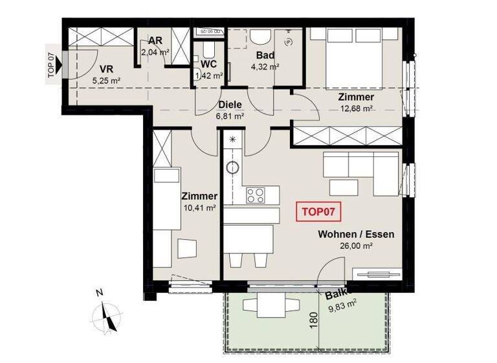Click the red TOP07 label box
(319, 212)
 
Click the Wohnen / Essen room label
(355, 235)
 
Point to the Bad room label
(264, 56)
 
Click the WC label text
(208, 65)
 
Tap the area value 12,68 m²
(356, 108)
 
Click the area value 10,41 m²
(199, 208)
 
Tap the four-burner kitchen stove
(256, 194)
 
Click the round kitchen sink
(232, 169)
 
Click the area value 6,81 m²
(230, 117)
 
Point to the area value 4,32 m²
(264, 67)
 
